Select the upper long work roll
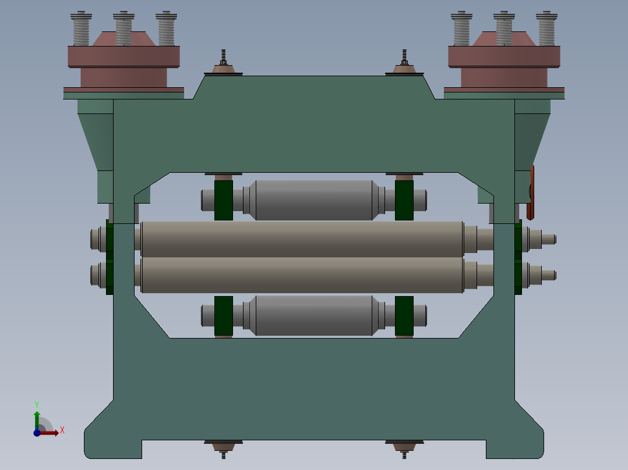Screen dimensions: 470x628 pyautogui.click(x=302, y=238)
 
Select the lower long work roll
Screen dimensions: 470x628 pyautogui.click(x=302, y=275)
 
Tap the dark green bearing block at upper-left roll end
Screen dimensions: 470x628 pyautogui.click(x=224, y=200)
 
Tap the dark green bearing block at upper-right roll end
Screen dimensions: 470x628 pyautogui.click(x=404, y=200)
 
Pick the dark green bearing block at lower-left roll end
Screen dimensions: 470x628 pyautogui.click(x=224, y=316)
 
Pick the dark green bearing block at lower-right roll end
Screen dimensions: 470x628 pyautogui.click(x=404, y=316)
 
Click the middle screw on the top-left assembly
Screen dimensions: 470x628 pyautogui.click(x=124, y=29)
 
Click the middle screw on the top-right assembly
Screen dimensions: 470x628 pyautogui.click(x=504, y=29)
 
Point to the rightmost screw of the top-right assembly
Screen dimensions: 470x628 pyautogui.click(x=546, y=29)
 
